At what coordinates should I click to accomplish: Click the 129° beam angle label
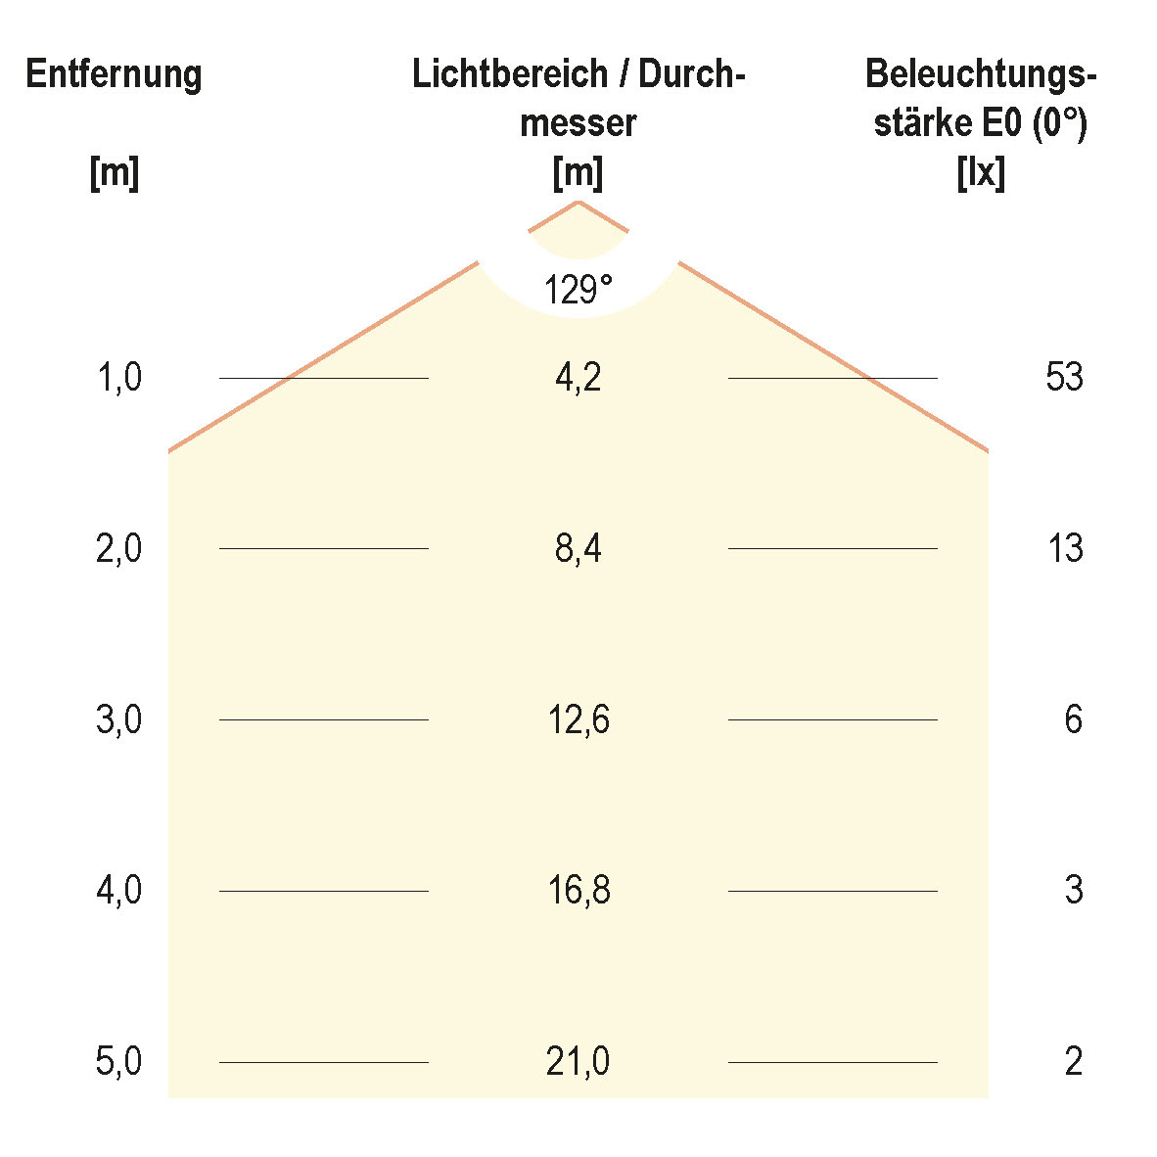pyautogui.click(x=578, y=290)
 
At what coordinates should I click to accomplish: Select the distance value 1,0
pyautogui.click(x=119, y=377)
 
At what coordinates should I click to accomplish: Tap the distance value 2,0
pyautogui.click(x=119, y=548)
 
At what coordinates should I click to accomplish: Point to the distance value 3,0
pyautogui.click(x=119, y=719)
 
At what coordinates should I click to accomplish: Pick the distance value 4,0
pyautogui.click(x=119, y=891)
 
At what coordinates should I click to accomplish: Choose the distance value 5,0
pyautogui.click(x=119, y=1062)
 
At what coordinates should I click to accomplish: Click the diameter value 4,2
pyautogui.click(x=578, y=377)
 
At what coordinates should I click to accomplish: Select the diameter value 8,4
pyautogui.click(x=578, y=548)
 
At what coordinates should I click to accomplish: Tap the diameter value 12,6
pyautogui.click(x=578, y=719)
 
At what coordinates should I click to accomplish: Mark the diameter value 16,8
pyautogui.click(x=578, y=891)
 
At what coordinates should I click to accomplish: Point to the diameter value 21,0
pyautogui.click(x=578, y=1062)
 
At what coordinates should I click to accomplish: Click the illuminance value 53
pyautogui.click(x=1064, y=377)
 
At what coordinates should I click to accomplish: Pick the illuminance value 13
pyautogui.click(x=1064, y=548)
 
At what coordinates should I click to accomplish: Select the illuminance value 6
pyautogui.click(x=1073, y=719)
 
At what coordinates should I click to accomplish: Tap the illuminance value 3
pyautogui.click(x=1073, y=891)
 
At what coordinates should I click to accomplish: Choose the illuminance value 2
pyautogui.click(x=1073, y=1062)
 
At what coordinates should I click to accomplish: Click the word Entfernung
pyautogui.click(x=114, y=75)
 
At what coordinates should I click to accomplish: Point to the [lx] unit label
pyautogui.click(x=981, y=173)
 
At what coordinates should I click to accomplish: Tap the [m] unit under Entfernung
pyautogui.click(x=114, y=173)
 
